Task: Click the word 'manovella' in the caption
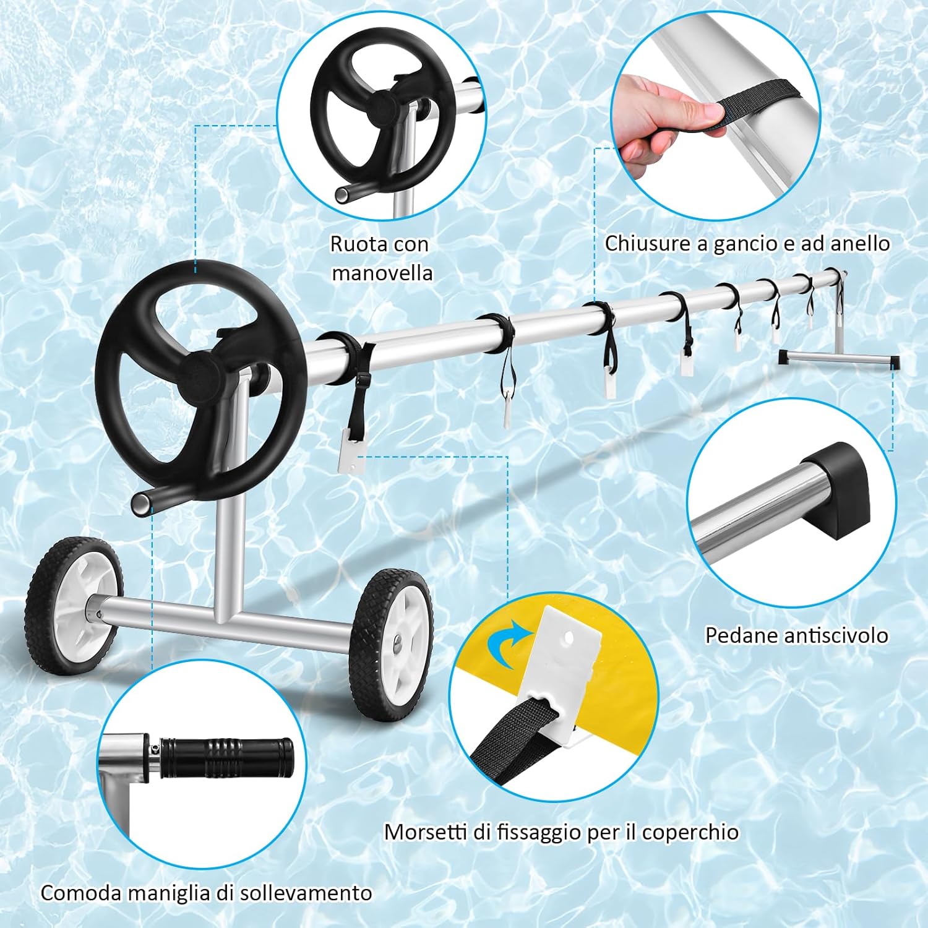pos(382,273)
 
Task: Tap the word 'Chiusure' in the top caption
pos(648,243)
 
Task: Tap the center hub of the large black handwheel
pos(200,375)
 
